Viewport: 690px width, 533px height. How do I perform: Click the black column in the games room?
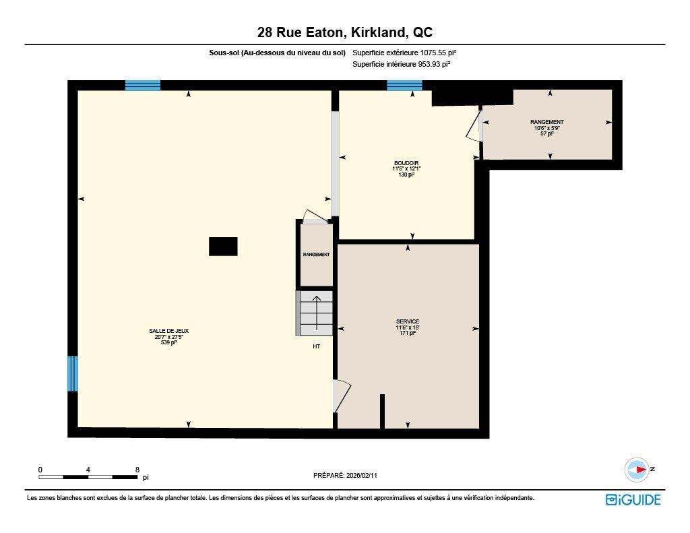point(223,247)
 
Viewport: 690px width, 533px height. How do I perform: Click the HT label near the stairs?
point(316,346)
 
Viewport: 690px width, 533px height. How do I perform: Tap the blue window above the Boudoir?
point(404,85)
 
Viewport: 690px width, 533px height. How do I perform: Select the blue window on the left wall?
point(72,373)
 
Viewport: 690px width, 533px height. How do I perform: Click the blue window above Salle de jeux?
point(143,85)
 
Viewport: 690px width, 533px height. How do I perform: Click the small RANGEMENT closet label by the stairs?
point(316,255)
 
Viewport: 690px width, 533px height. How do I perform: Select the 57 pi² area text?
point(546,134)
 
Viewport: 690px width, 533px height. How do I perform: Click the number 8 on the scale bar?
point(137,470)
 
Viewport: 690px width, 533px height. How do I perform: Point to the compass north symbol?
point(637,470)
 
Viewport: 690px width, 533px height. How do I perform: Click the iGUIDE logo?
point(633,499)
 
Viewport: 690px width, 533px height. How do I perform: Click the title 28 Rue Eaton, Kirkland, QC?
point(344,32)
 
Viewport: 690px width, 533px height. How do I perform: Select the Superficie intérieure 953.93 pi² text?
point(401,65)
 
